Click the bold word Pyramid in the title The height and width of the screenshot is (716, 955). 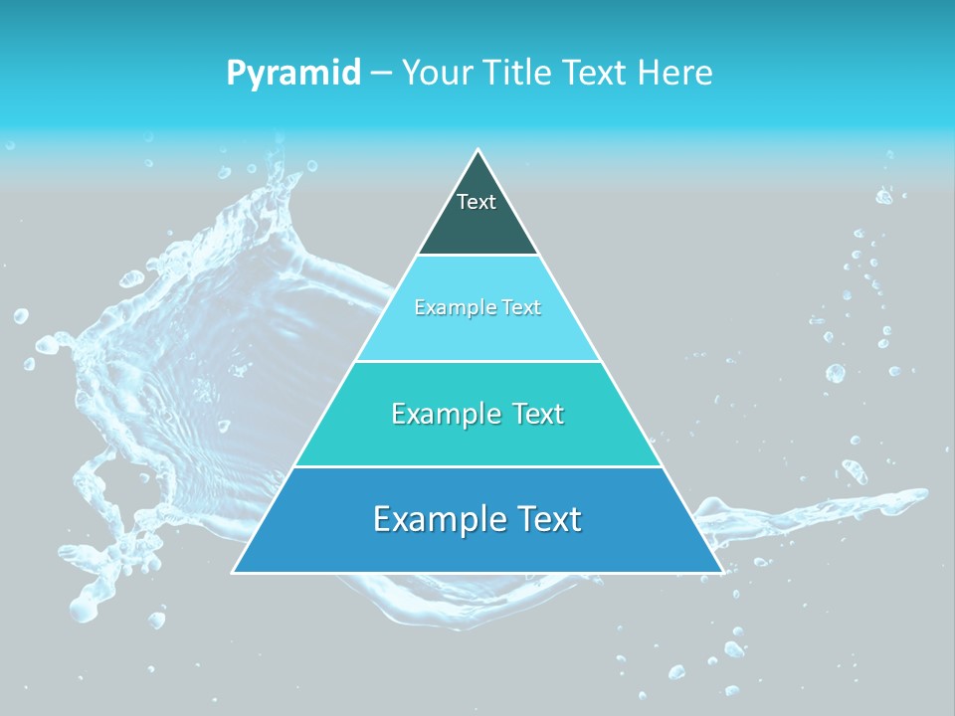coord(292,74)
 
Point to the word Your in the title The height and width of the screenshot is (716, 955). coord(437,74)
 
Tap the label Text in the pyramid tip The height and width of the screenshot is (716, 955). coord(477,202)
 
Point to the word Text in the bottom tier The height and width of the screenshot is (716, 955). coord(546,519)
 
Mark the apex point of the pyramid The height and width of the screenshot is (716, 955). coord(478,150)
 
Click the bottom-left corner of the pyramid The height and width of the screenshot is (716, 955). coord(233,573)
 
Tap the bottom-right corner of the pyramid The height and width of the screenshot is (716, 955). coord(722,573)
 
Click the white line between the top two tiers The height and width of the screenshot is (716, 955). coord(477,256)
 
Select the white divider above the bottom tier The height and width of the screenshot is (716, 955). coord(477,466)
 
